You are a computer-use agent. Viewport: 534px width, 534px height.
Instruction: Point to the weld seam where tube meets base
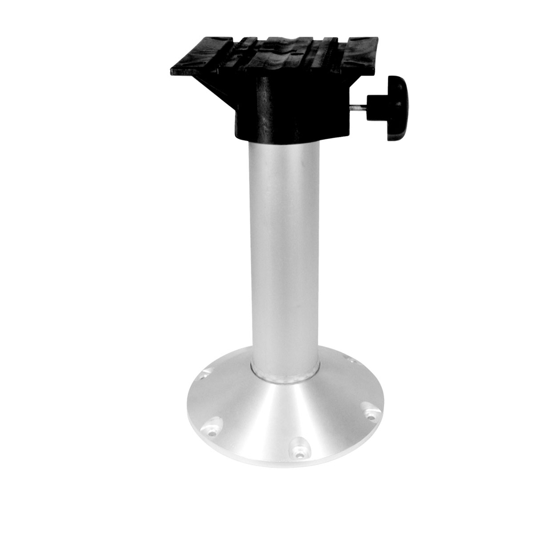285,378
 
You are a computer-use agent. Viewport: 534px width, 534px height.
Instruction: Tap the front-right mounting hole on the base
370,413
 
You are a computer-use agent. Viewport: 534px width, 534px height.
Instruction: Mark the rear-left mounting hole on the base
203,376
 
